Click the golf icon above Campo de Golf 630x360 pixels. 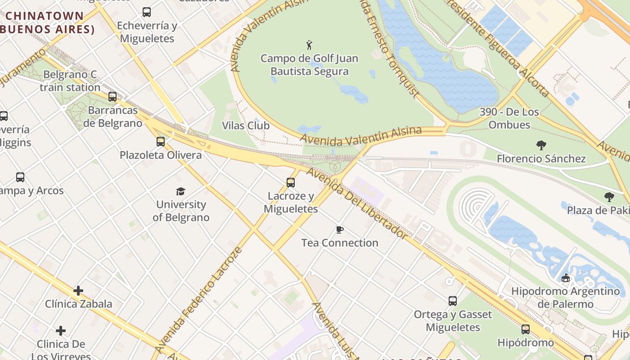click(309, 45)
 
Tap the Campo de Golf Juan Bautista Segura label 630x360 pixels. click(309, 65)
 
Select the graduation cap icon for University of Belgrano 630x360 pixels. click(180, 191)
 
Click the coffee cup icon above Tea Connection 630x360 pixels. click(340, 230)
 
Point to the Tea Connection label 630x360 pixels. click(340, 243)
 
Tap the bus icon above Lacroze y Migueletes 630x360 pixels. click(291, 183)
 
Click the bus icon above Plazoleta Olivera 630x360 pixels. click(161, 142)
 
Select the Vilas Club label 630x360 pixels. click(246, 126)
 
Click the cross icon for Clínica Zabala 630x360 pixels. click(78, 291)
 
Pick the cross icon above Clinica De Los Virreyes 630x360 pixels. click(61, 331)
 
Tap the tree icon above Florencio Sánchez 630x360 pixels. click(541, 145)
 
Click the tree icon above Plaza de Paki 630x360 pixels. click(609, 197)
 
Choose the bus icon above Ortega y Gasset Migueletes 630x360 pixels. click(453, 301)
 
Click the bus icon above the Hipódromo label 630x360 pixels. click(526, 329)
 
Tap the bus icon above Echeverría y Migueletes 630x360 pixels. click(147, 12)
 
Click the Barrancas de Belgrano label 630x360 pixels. click(112, 117)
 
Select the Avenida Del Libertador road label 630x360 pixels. click(356, 202)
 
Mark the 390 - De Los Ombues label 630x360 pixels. click(509, 118)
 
